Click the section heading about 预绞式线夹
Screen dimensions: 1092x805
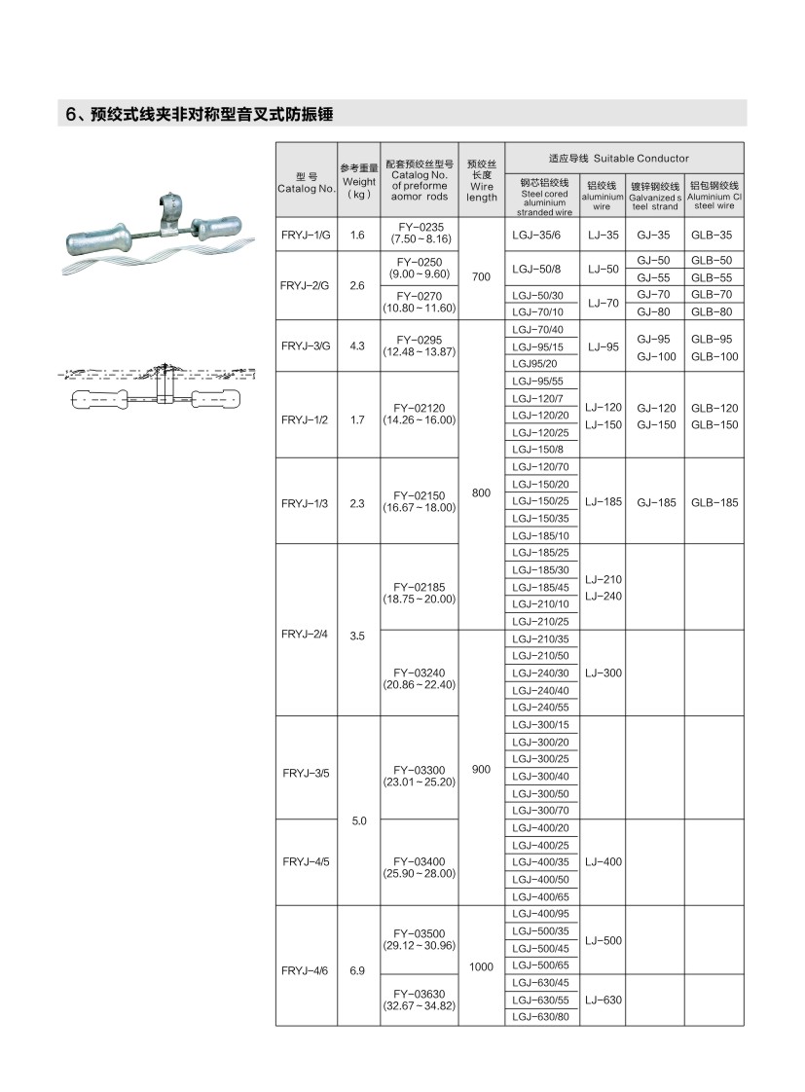200,114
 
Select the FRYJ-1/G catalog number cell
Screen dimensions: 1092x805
306,235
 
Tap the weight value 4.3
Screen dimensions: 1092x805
357,346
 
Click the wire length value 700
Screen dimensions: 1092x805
481,277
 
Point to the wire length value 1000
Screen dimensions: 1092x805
481,966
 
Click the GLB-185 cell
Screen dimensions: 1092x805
714,503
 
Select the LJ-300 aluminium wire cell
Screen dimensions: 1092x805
603,673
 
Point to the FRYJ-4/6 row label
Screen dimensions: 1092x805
306,970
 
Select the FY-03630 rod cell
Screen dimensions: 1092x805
420,999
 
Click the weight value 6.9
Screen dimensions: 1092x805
357,970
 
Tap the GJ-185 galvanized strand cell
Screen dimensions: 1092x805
656,503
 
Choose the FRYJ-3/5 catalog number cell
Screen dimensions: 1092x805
306,776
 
